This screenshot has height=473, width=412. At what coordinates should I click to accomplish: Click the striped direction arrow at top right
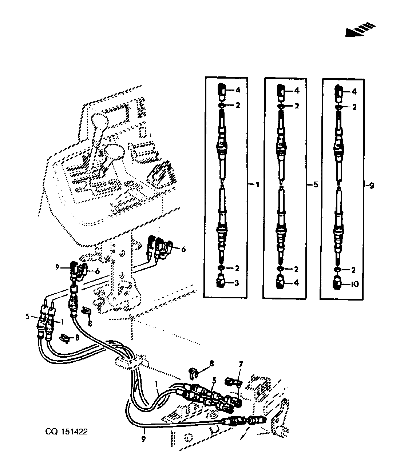coord(360,30)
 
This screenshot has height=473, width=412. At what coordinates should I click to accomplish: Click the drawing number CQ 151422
coord(67,432)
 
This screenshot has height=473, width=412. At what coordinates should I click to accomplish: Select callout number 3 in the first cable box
coord(237,283)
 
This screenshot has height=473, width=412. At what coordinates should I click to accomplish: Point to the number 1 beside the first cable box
coord(257,184)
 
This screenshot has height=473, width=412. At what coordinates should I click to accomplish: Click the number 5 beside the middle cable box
coord(316,184)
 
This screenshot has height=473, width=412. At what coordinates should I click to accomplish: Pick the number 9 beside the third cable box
coord(372,186)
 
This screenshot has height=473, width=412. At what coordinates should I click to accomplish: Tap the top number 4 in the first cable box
coord(238,90)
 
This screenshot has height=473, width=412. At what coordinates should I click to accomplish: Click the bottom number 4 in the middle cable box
coord(296,282)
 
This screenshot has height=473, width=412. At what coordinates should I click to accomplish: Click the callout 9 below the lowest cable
coord(143,438)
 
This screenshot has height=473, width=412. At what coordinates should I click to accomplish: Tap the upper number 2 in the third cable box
coord(354,107)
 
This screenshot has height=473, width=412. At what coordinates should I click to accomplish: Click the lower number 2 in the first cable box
coord(237,268)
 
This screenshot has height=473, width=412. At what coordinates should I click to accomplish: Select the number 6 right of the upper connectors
coord(183,250)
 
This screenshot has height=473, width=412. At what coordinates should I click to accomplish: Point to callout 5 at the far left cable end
coord(28,317)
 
